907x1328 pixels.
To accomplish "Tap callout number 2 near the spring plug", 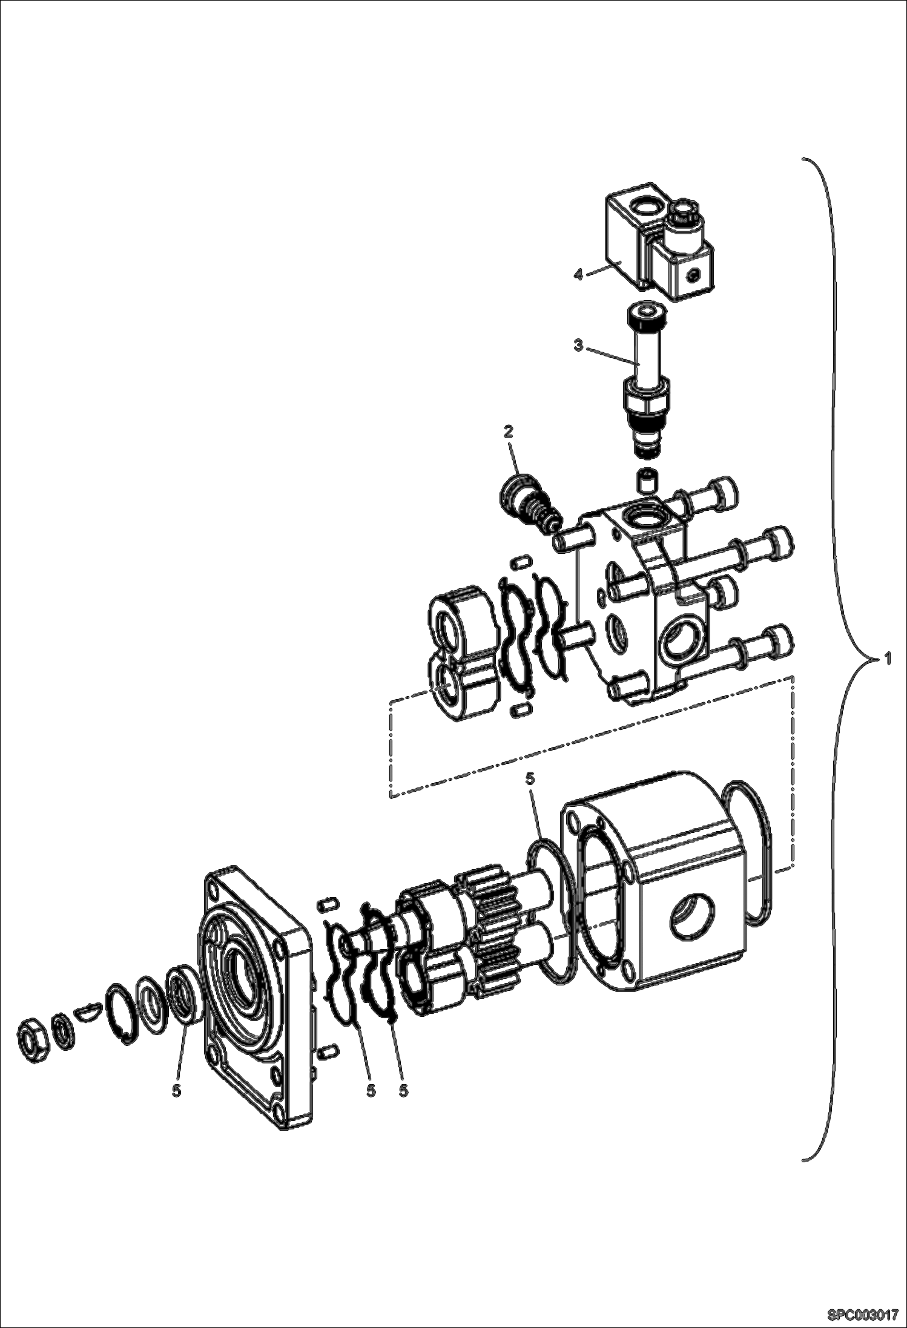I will click(x=508, y=432).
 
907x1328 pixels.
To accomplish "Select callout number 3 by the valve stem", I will click(x=578, y=346).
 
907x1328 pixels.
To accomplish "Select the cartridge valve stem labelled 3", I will click(x=646, y=375).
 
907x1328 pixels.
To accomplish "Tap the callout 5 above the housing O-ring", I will click(x=530, y=779).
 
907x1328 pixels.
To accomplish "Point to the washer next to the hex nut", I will click(x=62, y=1027).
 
